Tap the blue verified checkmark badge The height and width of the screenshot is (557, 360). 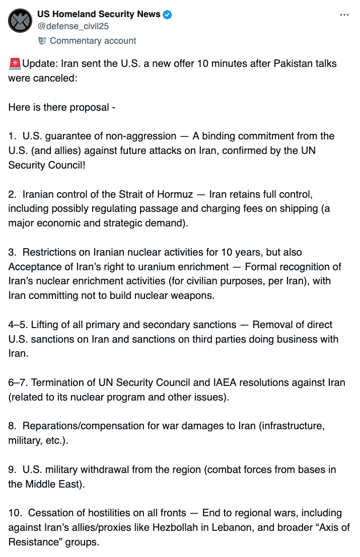point(167,15)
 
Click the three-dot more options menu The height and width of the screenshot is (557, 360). point(344,15)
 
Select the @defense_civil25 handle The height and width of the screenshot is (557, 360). point(74,26)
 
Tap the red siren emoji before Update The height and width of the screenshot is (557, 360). point(15,64)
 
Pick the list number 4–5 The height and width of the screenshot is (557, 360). point(18,325)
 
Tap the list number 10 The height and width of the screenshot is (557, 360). point(15,513)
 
